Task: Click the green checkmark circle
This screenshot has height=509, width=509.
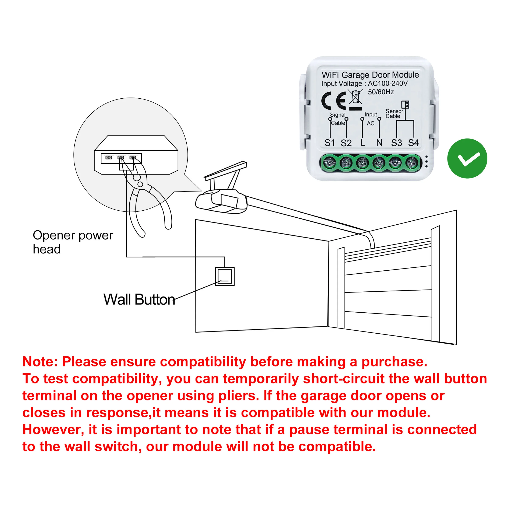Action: [467, 159]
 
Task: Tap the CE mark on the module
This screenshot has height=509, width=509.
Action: [334, 101]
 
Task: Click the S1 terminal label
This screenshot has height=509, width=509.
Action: [330, 143]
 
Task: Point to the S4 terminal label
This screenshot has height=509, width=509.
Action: [413, 143]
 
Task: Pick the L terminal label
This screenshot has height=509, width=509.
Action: [363, 143]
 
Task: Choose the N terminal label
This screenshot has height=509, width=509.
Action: [379, 143]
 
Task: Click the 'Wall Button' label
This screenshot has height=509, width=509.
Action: [139, 299]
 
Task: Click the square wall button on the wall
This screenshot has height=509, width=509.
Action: [225, 277]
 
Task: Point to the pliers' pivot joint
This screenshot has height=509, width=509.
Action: [140, 184]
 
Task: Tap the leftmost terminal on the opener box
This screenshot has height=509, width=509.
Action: [109, 158]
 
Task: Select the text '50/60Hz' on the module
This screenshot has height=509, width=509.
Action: [381, 92]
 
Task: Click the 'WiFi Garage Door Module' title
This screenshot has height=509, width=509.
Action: [370, 75]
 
